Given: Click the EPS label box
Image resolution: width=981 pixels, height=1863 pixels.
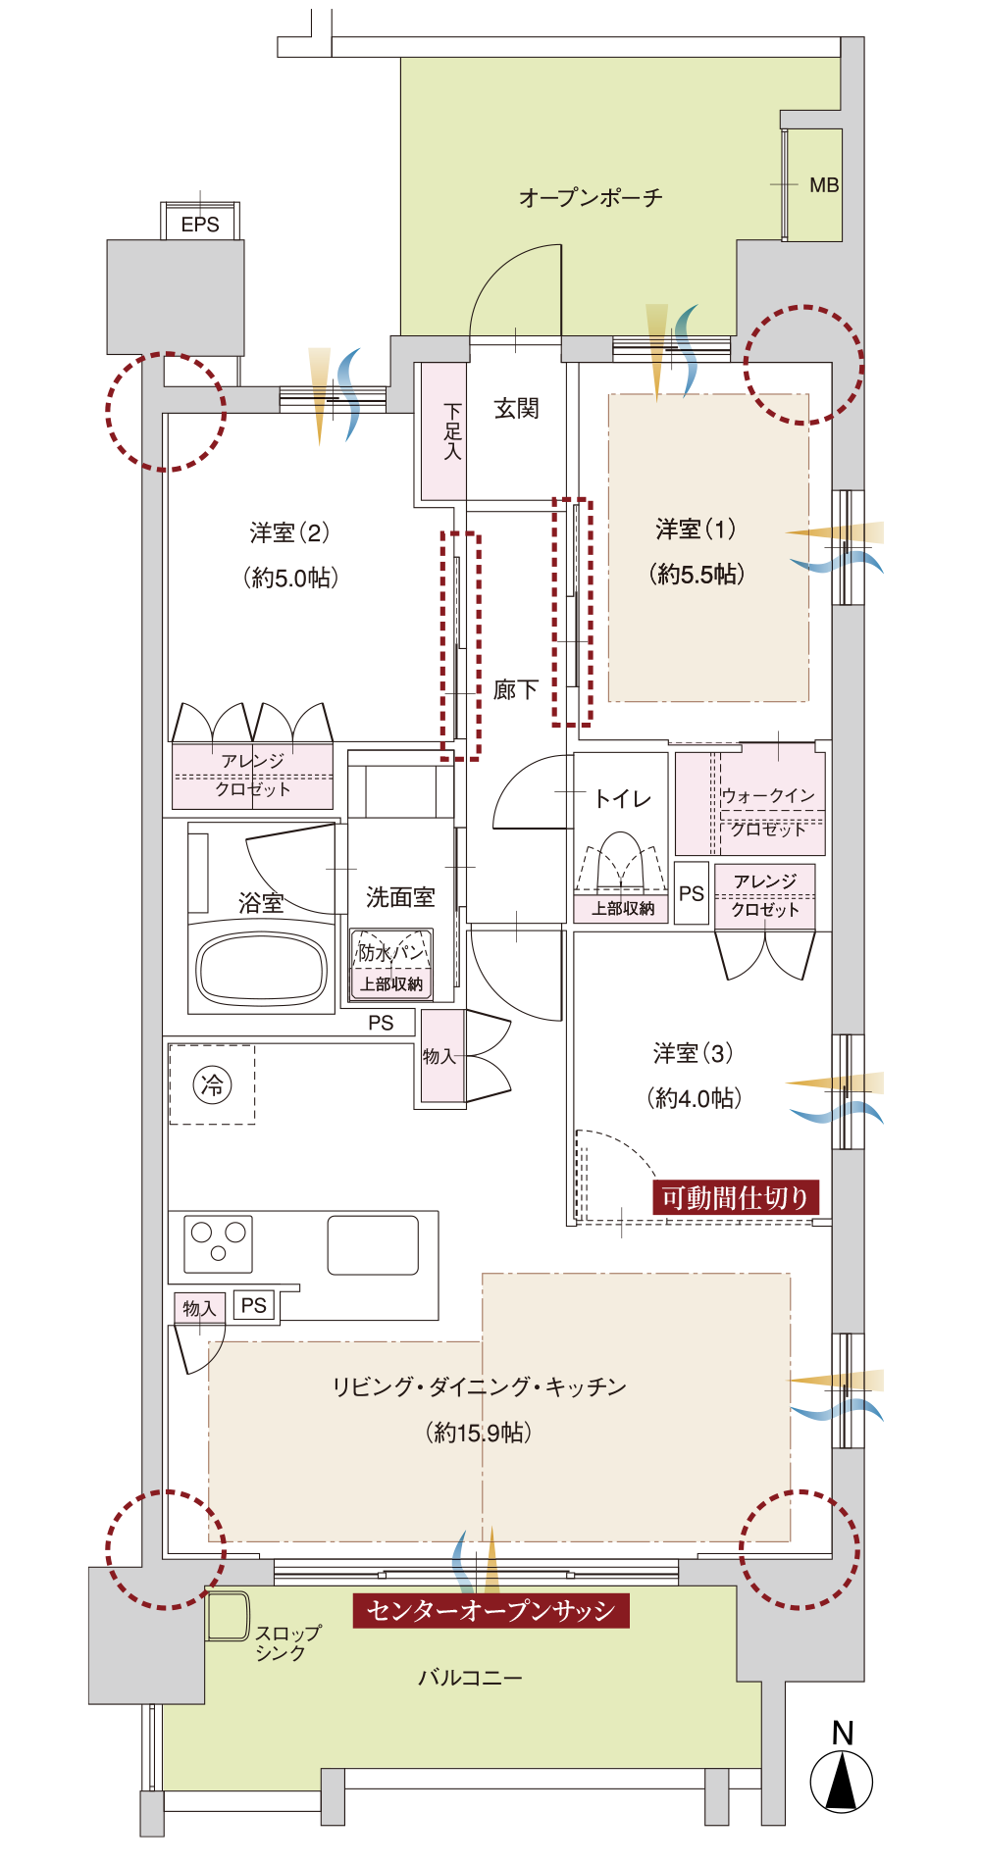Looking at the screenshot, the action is click(200, 222).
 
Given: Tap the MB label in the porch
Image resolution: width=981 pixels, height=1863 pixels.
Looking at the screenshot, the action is click(824, 184).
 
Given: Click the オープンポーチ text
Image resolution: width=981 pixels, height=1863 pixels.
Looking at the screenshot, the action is click(591, 197).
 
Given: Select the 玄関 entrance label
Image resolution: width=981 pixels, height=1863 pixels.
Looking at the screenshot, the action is click(516, 408).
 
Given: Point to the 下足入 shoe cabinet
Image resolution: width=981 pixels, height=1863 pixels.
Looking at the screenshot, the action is click(443, 431).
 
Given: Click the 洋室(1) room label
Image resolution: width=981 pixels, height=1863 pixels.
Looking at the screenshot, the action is click(696, 529).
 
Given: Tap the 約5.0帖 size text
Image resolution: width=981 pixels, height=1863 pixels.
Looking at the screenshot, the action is click(290, 578).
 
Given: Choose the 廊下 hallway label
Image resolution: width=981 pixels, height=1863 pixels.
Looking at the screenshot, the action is click(516, 689).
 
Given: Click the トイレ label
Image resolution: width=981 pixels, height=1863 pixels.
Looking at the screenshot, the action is click(623, 799).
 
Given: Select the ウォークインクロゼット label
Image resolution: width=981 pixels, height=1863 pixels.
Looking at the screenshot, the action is click(768, 812).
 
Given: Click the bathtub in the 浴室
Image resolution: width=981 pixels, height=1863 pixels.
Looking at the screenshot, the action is click(261, 969).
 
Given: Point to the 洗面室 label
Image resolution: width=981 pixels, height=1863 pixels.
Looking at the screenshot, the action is click(400, 896).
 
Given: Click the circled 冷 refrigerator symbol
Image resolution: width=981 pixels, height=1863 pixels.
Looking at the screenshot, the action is click(212, 1084).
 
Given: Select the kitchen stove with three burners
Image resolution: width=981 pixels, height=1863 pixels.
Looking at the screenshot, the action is click(218, 1243).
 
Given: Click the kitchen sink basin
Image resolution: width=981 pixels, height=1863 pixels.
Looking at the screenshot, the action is click(373, 1245).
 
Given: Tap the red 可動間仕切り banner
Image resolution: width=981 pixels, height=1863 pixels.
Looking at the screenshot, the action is click(735, 1197).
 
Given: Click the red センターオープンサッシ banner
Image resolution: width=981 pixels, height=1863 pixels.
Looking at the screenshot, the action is click(490, 1610).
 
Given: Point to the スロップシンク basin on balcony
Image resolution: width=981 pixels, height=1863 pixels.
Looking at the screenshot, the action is click(228, 1616).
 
